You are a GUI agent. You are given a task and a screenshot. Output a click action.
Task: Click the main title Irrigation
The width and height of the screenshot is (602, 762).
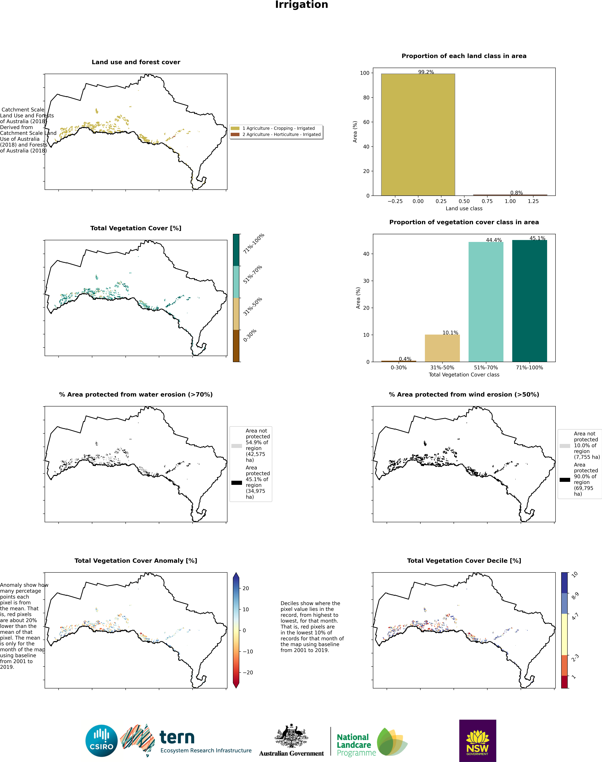pos(301,5)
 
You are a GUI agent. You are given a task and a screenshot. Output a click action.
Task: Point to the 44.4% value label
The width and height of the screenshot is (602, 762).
pos(494,240)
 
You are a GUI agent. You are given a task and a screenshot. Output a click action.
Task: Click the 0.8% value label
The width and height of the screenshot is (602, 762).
pos(516,193)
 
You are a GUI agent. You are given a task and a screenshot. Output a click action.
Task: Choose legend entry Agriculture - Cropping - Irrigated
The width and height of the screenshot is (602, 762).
pos(278,128)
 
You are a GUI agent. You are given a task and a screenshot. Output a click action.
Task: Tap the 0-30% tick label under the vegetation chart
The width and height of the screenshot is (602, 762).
pos(399,367)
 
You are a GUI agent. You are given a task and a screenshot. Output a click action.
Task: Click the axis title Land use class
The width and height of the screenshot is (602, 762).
pos(464,209)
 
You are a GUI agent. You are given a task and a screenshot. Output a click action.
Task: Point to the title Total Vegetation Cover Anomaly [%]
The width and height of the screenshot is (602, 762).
pos(136,560)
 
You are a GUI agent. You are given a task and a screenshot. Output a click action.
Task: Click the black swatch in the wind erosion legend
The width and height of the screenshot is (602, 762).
pos(565,479)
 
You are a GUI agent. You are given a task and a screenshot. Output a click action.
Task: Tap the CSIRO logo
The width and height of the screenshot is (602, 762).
pos(101,741)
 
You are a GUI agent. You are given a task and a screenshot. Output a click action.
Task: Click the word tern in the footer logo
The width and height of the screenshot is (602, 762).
pos(177,737)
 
